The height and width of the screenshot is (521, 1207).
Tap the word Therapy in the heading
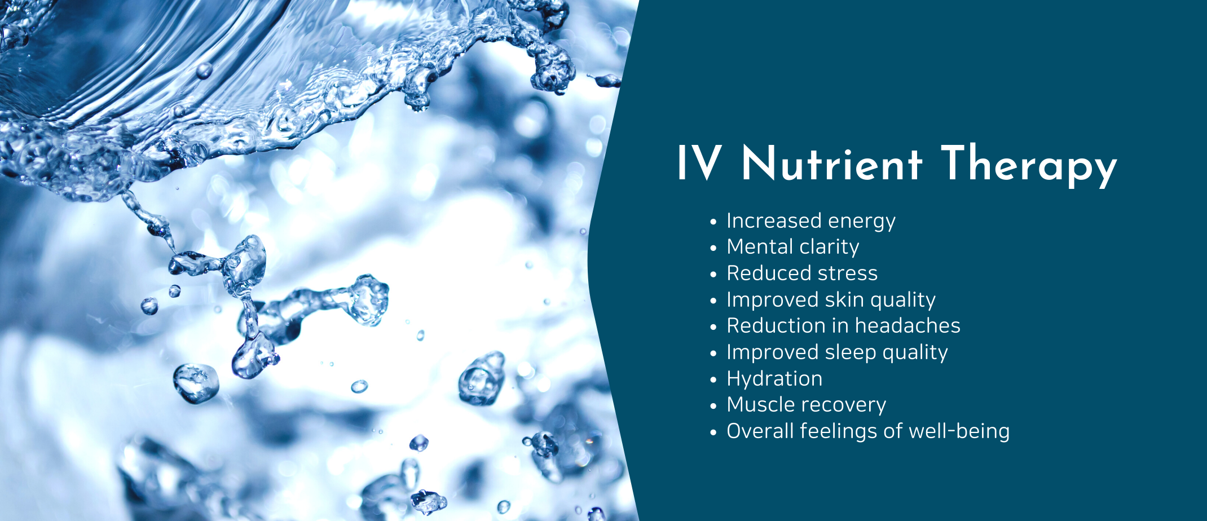pos(1029,165)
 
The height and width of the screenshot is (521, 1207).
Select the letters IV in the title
pos(699,164)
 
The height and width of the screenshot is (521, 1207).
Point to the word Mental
pos(760,247)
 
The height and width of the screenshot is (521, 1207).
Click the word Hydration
pos(774,378)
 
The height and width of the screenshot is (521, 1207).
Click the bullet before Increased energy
pos(713,222)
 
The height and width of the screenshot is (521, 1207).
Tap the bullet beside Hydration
pos(713,380)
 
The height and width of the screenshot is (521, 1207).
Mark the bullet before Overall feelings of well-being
pos(713,432)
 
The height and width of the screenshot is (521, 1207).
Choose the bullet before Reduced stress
pos(713,275)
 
